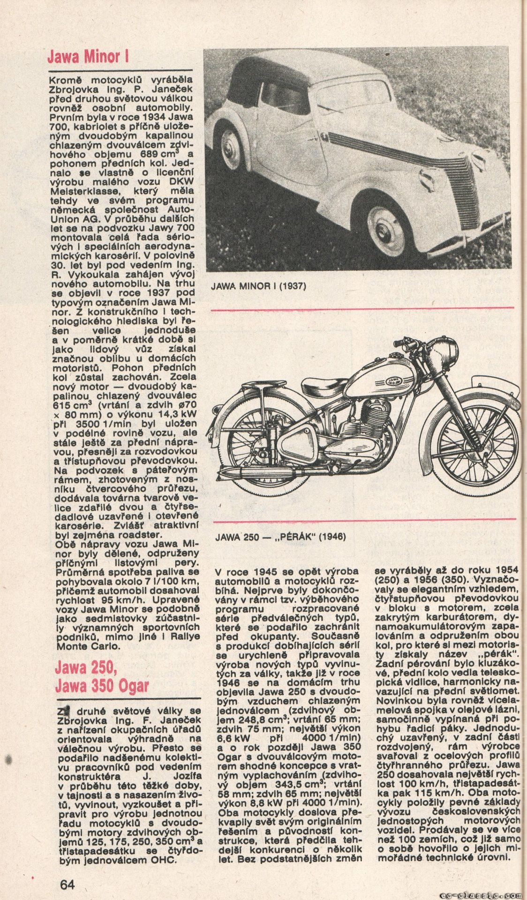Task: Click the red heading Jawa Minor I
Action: pos(87,57)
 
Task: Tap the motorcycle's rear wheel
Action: pos(255,450)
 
